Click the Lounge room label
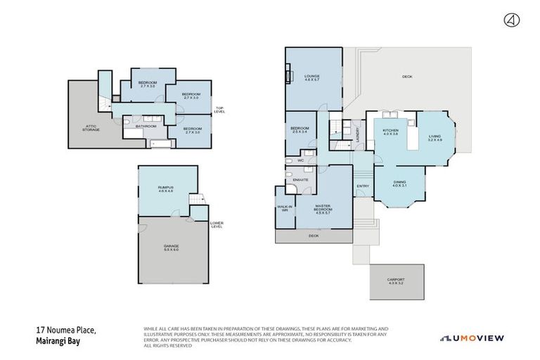point(312,78)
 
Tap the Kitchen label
point(390,133)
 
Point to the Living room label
point(435,138)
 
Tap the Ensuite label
point(301,180)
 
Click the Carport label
point(397,281)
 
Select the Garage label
point(172,247)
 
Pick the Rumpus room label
point(166,188)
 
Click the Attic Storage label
point(91,129)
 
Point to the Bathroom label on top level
point(146,127)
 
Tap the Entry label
point(363,186)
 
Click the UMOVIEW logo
point(472,338)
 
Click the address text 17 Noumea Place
point(66,330)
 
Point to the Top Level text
point(220,110)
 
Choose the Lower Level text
point(217,225)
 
